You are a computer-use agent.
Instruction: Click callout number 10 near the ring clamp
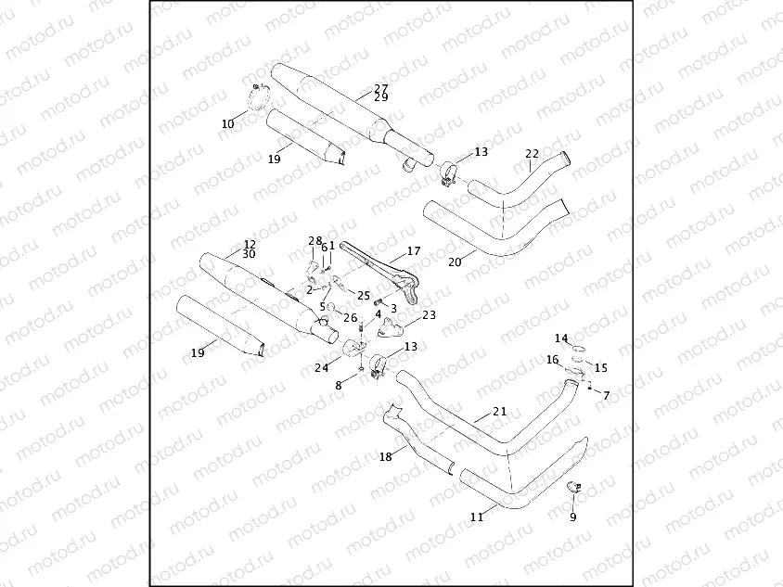(x=228, y=123)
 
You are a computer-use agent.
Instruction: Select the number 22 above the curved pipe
(x=532, y=154)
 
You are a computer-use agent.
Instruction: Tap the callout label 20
(x=455, y=262)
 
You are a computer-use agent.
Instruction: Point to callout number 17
(x=414, y=251)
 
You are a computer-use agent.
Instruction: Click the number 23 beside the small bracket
(x=429, y=315)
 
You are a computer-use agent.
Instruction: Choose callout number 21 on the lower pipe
(x=499, y=411)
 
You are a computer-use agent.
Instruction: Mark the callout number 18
(x=385, y=456)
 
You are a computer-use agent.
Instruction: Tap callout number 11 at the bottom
(x=477, y=517)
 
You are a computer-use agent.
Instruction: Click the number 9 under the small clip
(x=572, y=517)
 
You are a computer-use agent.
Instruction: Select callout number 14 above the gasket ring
(x=561, y=338)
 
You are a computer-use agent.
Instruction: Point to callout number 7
(x=606, y=396)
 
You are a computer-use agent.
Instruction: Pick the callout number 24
(x=321, y=368)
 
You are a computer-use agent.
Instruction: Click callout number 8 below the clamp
(x=339, y=385)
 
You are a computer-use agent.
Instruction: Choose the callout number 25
(x=363, y=295)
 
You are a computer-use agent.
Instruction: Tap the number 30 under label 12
(x=249, y=254)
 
